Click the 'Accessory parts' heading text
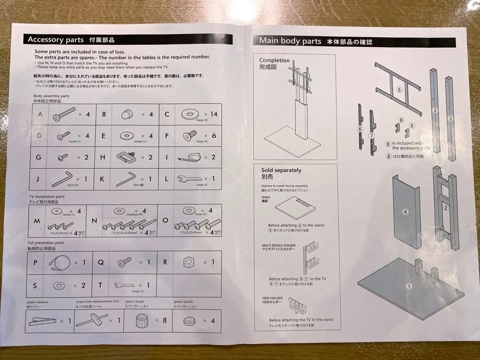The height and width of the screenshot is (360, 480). (55, 40)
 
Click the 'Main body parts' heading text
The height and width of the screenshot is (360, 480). (290, 41)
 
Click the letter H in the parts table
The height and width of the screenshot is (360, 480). (103, 157)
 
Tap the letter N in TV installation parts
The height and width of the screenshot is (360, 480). (94, 221)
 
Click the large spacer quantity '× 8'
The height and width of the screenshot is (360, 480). (161, 320)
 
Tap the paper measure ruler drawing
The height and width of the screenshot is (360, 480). (42, 321)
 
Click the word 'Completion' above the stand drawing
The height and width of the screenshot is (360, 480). (274, 60)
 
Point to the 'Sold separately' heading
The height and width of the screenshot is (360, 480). (281, 170)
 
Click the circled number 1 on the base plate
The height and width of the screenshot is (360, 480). (409, 286)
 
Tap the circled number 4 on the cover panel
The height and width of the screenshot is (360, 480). (405, 212)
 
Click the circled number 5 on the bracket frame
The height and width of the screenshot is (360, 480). (399, 90)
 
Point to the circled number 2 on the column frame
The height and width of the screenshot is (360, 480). (446, 208)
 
